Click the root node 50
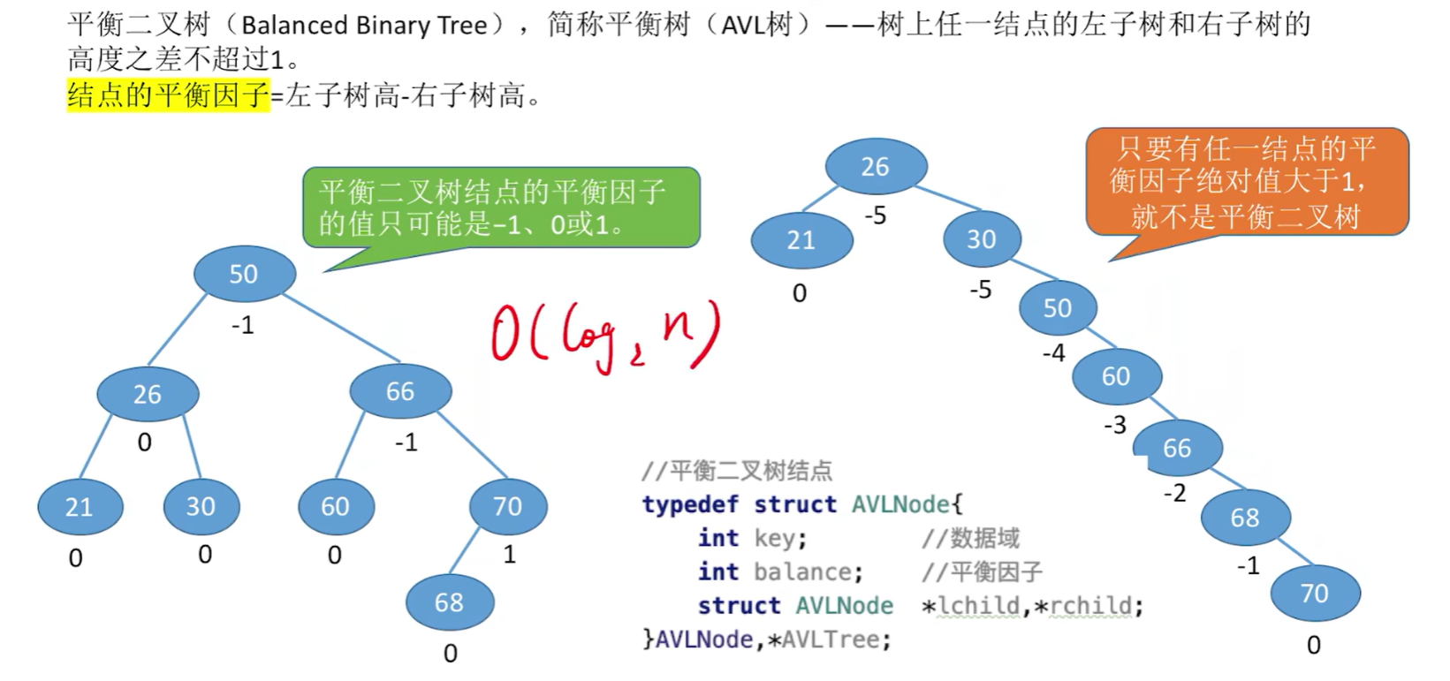point(243,274)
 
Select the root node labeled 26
point(875,166)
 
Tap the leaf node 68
point(449,602)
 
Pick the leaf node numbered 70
point(1314,593)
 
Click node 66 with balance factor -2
point(1177,448)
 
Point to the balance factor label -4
point(1053,353)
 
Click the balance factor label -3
point(1114,425)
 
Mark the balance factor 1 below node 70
point(509,555)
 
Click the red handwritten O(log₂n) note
point(605,337)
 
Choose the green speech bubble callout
point(500,208)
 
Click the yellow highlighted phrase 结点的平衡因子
point(168,95)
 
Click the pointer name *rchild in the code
point(1088,606)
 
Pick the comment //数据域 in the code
point(970,538)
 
